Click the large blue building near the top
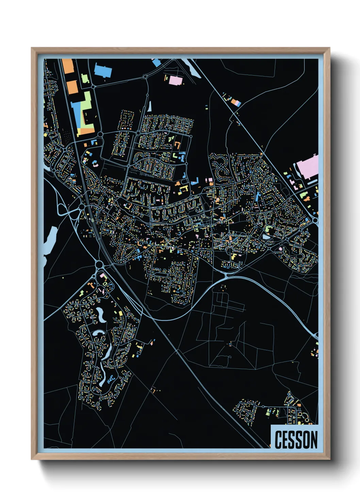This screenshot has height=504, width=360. point(103,70)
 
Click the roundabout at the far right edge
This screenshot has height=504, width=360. point(315,221)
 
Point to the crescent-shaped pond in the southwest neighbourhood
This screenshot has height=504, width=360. point(101,314)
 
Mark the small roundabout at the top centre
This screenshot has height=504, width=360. point(145,77)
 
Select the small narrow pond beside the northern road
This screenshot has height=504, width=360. point(149,106)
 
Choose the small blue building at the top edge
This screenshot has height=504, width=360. point(156,62)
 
